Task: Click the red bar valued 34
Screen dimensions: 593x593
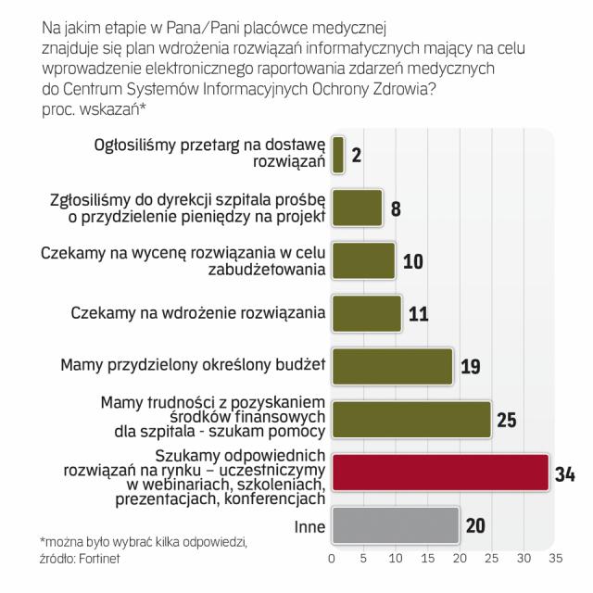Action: [x=439, y=472]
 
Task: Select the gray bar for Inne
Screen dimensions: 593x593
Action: [x=395, y=524]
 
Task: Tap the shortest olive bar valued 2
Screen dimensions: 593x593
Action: [x=337, y=154]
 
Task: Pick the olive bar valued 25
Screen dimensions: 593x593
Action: [x=410, y=419]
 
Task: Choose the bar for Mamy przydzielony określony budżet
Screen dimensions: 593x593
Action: [x=391, y=365]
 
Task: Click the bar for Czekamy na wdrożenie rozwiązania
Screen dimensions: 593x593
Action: [x=366, y=312]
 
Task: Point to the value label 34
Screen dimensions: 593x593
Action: [x=565, y=474]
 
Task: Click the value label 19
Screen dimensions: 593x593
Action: [x=470, y=368]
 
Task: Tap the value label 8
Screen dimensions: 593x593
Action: [x=396, y=208]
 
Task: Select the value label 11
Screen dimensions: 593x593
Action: [x=418, y=314]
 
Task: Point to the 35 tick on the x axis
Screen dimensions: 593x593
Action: [x=555, y=560]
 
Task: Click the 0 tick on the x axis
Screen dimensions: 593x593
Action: [x=332, y=560]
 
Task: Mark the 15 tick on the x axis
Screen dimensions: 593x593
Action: [x=427, y=560]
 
